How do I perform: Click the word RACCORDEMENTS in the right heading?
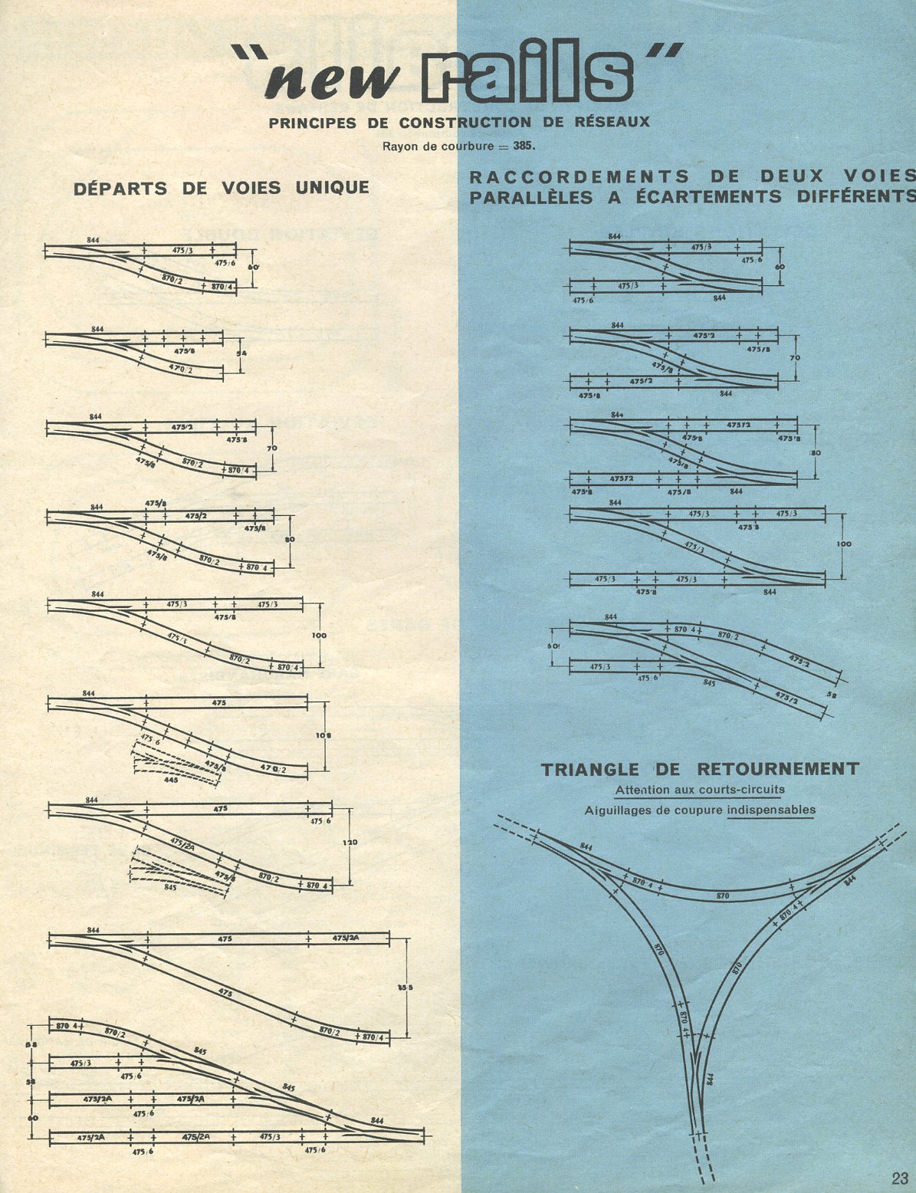pos(579,177)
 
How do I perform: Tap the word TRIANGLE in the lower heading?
pos(589,770)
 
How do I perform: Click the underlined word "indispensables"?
pos(771,810)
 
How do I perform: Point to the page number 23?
pos(899,1178)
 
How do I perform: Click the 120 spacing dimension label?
pos(352,843)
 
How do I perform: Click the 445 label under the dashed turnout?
pos(171,780)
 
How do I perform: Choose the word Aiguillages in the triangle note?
pos(616,810)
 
